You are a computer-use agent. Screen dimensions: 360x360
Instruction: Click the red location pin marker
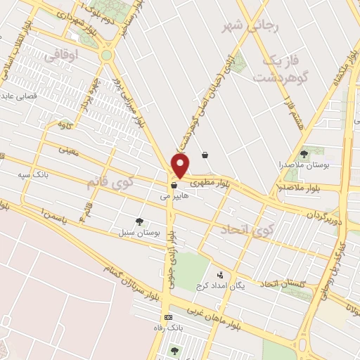click(181, 166)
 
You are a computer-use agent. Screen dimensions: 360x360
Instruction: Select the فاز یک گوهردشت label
click(288, 70)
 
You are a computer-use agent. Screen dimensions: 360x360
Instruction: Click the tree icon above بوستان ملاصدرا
click(304, 153)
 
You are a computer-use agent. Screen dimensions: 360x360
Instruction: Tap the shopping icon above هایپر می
click(173, 186)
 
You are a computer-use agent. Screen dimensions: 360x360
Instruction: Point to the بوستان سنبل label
click(143, 232)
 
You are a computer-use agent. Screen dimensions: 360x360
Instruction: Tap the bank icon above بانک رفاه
click(167, 316)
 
